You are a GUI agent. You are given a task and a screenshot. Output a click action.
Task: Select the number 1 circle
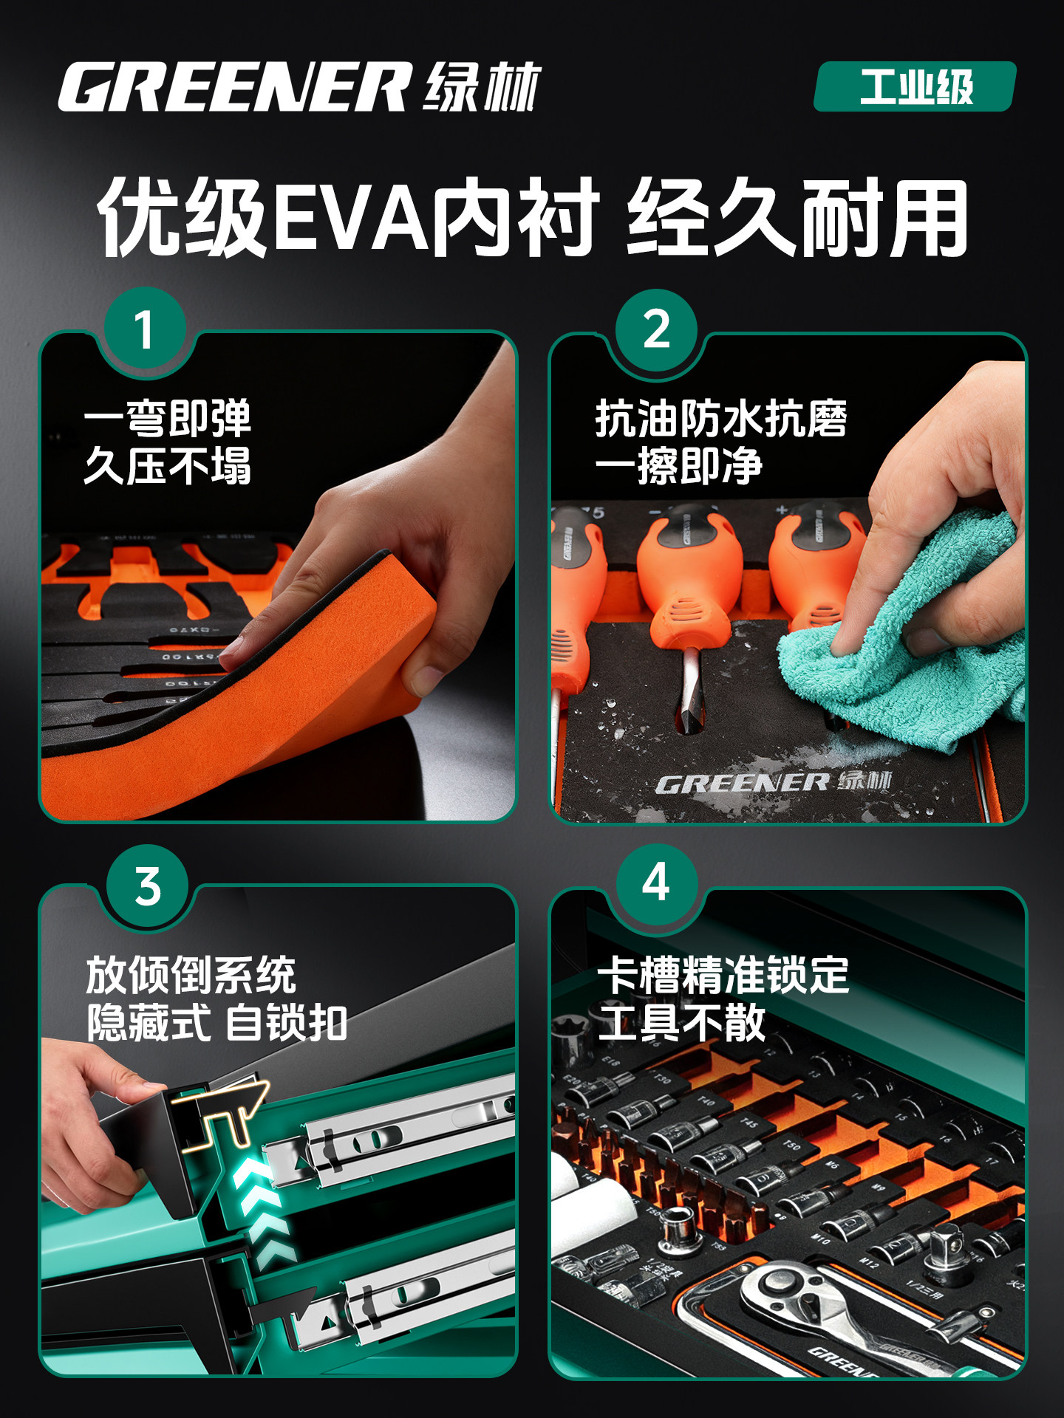(145, 329)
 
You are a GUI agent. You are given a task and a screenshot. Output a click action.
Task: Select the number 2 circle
(656, 329)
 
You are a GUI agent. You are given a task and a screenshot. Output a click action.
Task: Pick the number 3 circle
(148, 886)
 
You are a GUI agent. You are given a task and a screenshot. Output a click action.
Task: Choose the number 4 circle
(656, 883)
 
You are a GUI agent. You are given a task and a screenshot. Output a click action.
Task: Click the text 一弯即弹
(168, 419)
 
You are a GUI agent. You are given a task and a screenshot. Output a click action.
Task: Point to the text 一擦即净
(678, 466)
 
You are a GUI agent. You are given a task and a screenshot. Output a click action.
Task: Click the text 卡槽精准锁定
(723, 975)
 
